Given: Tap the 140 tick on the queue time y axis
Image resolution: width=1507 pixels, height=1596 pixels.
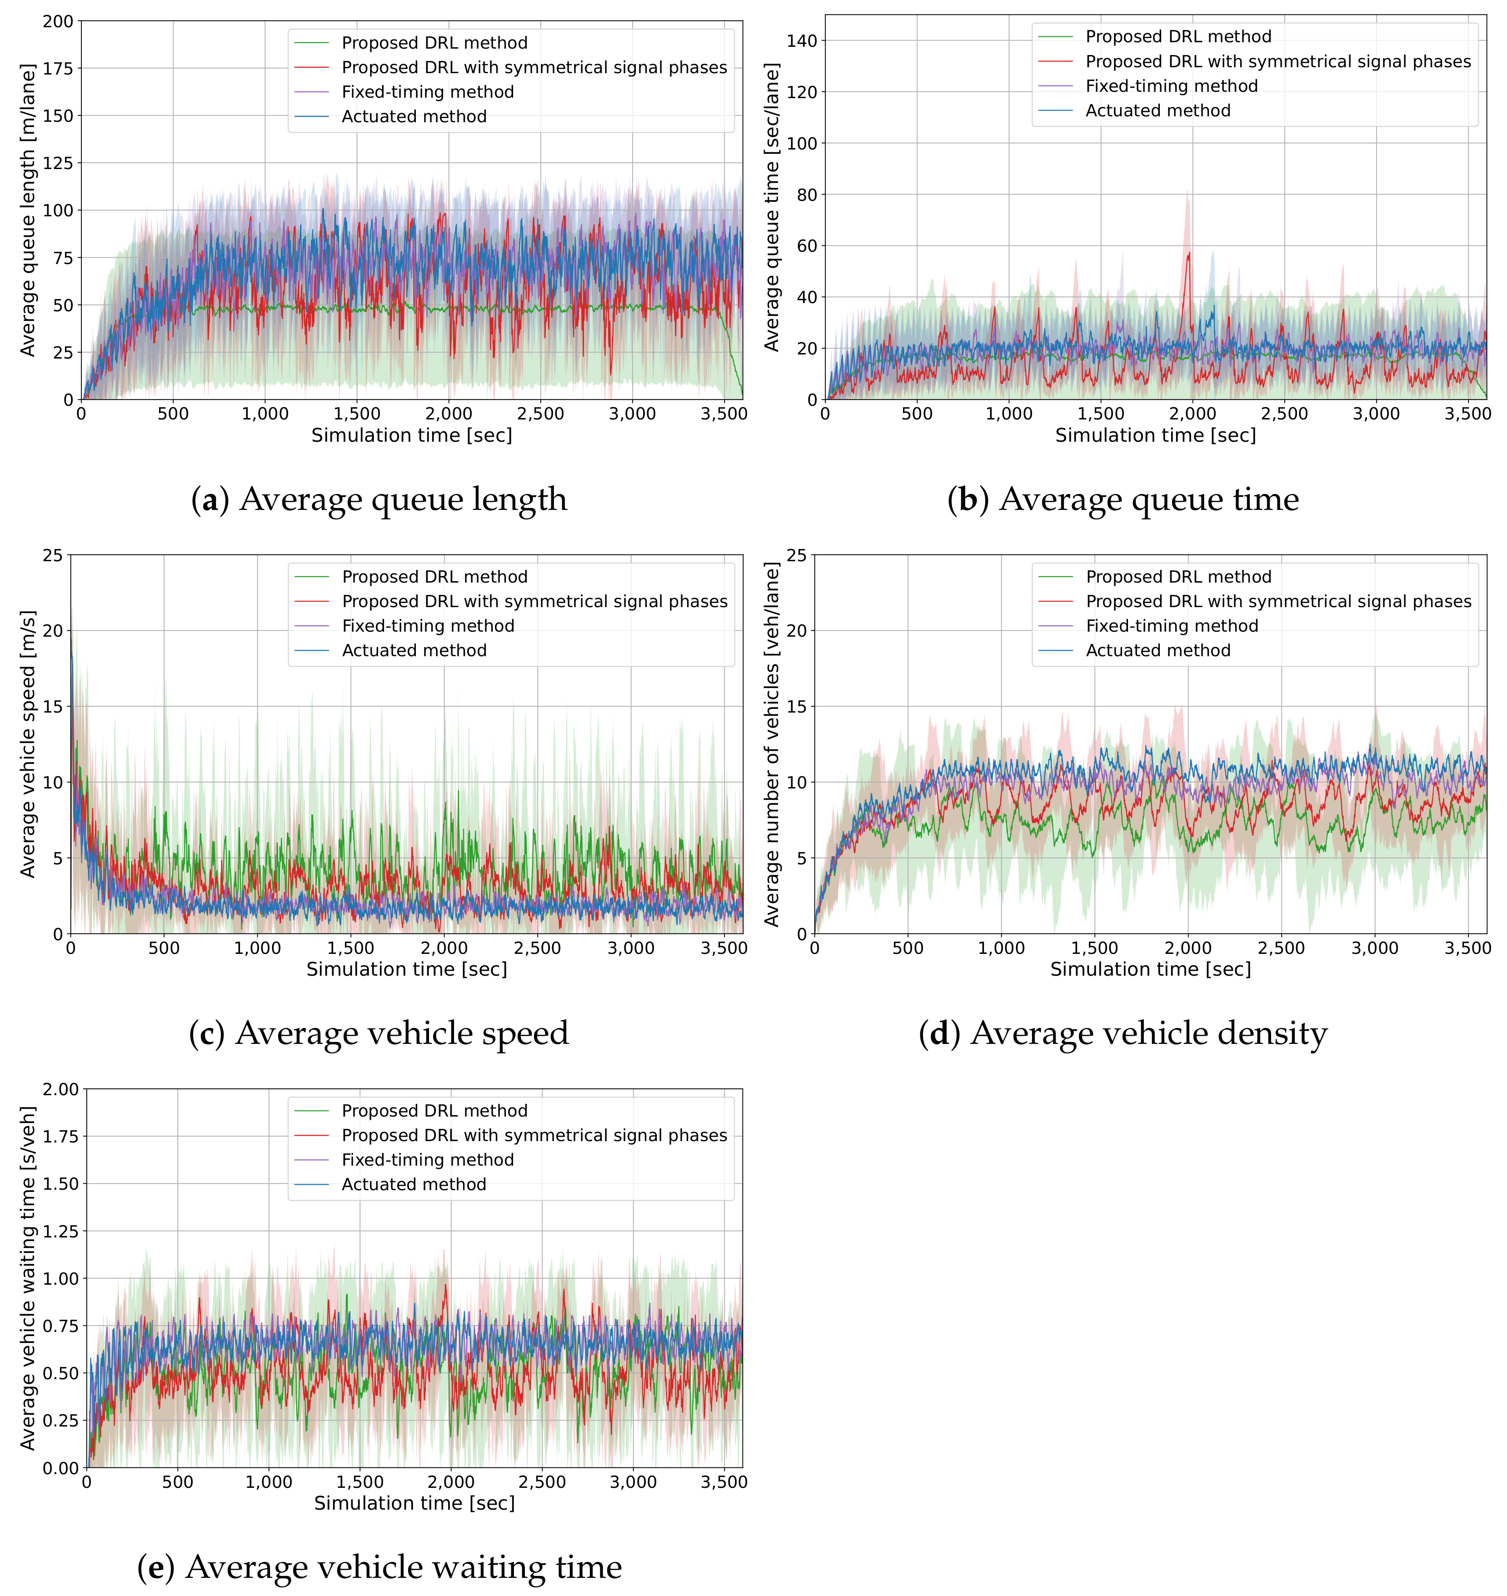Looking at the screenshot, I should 802,41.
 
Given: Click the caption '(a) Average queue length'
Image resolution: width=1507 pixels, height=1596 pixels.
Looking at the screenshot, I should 379,499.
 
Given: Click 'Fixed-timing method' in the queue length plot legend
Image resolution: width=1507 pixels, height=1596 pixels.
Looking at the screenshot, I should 427,92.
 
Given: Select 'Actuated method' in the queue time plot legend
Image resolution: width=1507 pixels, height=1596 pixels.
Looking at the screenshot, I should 1158,111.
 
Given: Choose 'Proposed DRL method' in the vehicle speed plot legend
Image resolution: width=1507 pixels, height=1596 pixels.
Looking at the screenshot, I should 434,577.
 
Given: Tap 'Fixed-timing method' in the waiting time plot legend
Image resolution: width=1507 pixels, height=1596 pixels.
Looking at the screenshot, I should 427,1160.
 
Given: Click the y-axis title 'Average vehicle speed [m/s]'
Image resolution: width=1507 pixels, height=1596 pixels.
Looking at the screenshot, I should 27,744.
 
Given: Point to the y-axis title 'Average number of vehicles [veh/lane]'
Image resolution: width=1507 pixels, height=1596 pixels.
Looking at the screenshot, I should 771,744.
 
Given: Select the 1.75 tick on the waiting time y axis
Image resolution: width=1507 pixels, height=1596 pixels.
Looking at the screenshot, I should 60,1137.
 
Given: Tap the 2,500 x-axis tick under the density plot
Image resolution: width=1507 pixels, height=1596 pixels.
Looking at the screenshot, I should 1281,948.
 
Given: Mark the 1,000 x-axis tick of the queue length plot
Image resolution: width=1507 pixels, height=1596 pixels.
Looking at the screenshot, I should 265,414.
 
